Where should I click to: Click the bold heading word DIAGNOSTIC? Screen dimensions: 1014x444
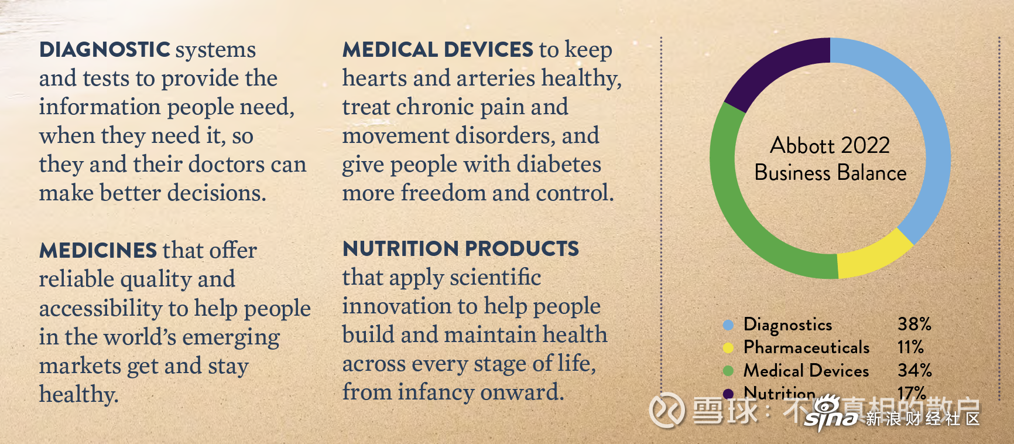pyautogui.click(x=105, y=50)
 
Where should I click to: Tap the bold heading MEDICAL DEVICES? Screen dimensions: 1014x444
pyautogui.click(x=438, y=50)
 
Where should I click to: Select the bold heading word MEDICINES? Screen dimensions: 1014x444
pyautogui.click(x=98, y=251)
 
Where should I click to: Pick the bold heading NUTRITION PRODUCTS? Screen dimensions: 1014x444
pyautogui.click(x=461, y=249)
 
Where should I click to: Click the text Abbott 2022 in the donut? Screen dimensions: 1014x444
pyautogui.click(x=830, y=145)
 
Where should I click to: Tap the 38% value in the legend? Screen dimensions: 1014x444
pyautogui.click(x=914, y=324)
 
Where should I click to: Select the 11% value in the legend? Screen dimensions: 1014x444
pyautogui.click(x=910, y=347)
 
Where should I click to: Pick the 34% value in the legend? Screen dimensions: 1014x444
pyautogui.click(x=914, y=370)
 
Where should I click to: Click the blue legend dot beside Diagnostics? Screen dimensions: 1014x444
pyautogui.click(x=728, y=325)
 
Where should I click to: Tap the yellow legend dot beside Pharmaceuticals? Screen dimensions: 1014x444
pyautogui.click(x=728, y=348)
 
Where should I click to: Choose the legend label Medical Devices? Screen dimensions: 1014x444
pyautogui.click(x=806, y=371)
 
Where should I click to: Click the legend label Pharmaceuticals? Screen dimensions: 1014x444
pyautogui.click(x=807, y=347)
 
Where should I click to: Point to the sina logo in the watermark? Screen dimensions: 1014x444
pyautogui.click(x=832, y=414)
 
